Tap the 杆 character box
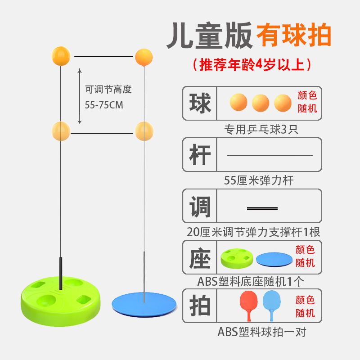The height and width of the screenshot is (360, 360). pos(200,155)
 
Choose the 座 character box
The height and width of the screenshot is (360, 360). pos(200,257)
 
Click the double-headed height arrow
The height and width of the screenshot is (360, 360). pos(80,96)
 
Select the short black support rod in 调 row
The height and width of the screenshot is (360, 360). pos(262,208)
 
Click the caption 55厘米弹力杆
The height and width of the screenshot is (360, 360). pos(252,181)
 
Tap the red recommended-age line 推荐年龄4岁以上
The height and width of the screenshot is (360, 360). pos(252,65)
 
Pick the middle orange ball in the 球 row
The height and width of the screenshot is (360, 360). pos(261,103)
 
